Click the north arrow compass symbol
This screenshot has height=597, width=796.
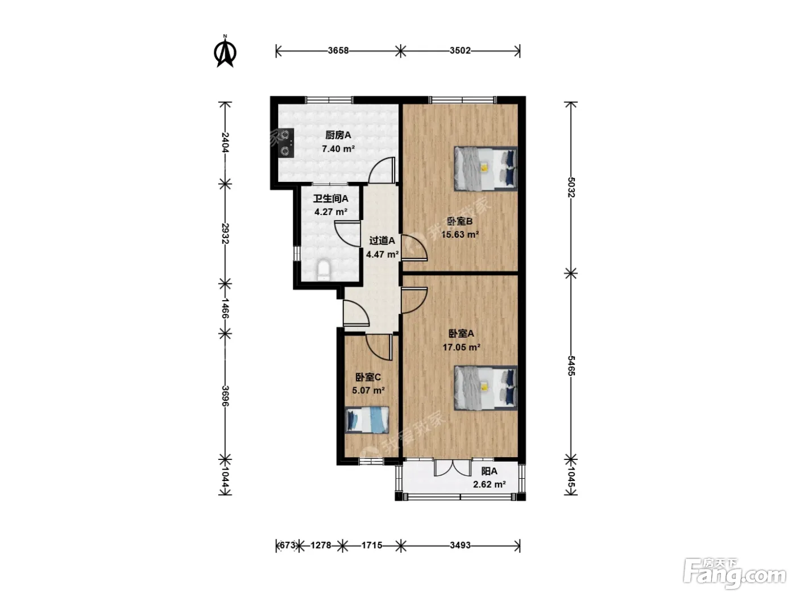(x=225, y=52)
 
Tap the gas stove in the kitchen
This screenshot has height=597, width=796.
(x=287, y=143)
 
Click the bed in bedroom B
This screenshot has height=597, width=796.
(x=485, y=168)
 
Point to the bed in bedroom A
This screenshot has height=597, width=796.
(x=485, y=388)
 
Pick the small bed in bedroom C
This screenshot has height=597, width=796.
(x=367, y=420)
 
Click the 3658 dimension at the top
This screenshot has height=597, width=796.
(x=338, y=51)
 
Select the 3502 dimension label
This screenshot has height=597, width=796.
(x=460, y=51)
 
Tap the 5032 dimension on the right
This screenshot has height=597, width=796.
(x=571, y=187)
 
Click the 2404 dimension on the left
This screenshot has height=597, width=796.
(x=225, y=143)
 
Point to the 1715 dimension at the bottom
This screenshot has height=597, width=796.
(x=372, y=545)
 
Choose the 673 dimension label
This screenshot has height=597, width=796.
(x=288, y=545)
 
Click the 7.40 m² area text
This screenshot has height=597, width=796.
(x=338, y=148)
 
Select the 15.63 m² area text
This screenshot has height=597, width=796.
(x=460, y=234)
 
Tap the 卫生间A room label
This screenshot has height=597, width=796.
(x=330, y=198)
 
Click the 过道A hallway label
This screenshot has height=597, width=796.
(x=382, y=241)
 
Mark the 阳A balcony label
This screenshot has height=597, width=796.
(x=489, y=471)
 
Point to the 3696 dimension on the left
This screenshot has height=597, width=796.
(x=225, y=396)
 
